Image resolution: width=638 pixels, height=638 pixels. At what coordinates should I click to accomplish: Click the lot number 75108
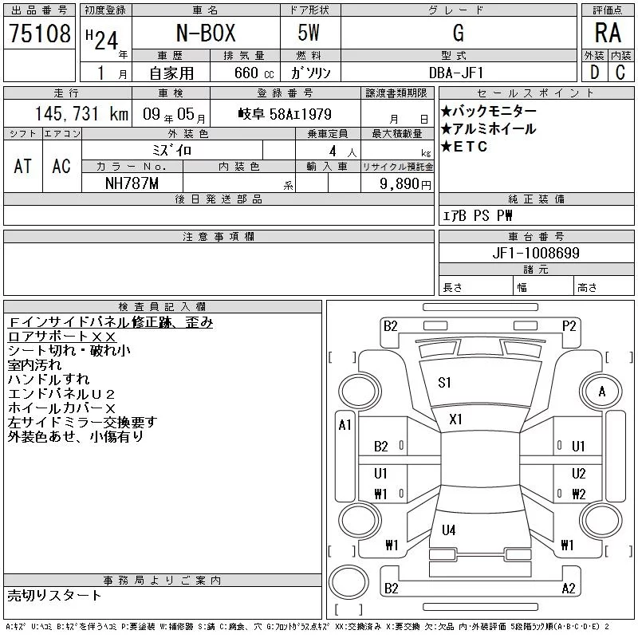(x=40, y=33)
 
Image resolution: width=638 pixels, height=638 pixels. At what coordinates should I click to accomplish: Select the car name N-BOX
(x=206, y=33)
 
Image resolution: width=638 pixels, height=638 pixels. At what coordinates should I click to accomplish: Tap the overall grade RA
(x=608, y=33)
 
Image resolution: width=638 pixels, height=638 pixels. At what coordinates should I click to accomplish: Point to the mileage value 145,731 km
(x=81, y=114)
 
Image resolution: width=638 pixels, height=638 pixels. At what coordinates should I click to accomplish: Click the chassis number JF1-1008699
(x=536, y=253)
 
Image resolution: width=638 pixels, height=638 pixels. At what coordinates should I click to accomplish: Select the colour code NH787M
(x=132, y=183)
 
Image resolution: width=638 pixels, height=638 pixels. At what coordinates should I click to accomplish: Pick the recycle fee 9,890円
(x=405, y=184)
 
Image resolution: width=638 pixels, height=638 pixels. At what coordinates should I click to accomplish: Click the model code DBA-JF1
(x=456, y=73)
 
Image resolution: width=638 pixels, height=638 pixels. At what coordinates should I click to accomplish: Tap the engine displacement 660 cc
(x=254, y=73)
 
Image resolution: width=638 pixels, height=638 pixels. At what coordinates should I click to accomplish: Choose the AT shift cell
(x=23, y=166)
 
